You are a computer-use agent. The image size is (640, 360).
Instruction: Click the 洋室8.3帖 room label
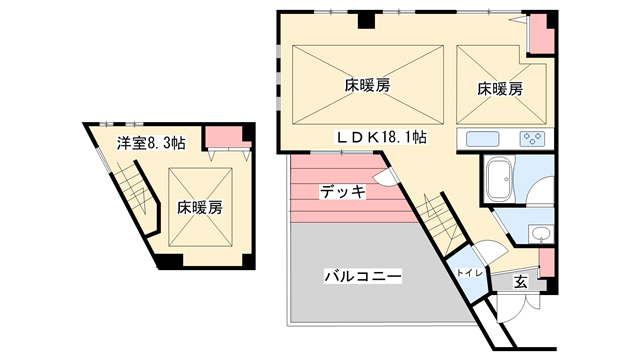pos(150,142)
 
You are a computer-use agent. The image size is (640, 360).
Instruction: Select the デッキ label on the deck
pos(342,190)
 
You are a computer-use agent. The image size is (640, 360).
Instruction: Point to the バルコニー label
pos(362,275)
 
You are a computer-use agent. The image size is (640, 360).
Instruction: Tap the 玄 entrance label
pos(521,282)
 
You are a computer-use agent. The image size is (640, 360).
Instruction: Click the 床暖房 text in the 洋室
pos(200,208)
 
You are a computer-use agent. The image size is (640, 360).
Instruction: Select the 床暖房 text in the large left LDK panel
pos(367,86)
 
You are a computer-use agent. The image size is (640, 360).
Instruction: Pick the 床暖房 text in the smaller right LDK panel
pos(499,88)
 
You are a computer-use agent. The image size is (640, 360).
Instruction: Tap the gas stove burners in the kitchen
pos(531,140)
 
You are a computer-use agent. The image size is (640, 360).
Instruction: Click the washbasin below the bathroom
pos(540,234)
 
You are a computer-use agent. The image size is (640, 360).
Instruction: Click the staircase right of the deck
pos(437,215)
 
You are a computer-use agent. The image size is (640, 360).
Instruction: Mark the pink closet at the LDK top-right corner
pos(541,34)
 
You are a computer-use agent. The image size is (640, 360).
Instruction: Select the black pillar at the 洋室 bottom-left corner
pos(170,262)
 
